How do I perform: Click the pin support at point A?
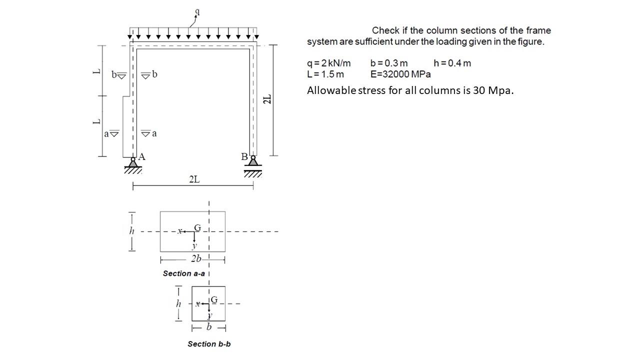pyautogui.click(x=133, y=163)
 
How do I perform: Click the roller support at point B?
pyautogui.click(x=253, y=161)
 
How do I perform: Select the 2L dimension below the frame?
pyautogui.click(x=194, y=179)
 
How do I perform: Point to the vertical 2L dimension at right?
pyautogui.click(x=268, y=98)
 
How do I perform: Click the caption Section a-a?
pyautogui.click(x=183, y=273)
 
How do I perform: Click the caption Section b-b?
pyautogui.click(x=209, y=343)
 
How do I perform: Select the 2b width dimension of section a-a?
pyautogui.click(x=196, y=259)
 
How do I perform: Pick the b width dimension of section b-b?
pyautogui.click(x=209, y=327)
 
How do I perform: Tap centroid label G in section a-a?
pyautogui.click(x=197, y=228)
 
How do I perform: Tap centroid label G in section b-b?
pyautogui.click(x=214, y=299)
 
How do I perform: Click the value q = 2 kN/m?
pyautogui.click(x=329, y=63)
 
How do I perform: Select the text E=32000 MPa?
pyautogui.click(x=400, y=74)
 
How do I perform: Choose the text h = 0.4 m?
pyautogui.click(x=452, y=63)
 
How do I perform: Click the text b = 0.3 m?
pyautogui.click(x=389, y=63)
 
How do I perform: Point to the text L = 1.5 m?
pyautogui.click(x=325, y=74)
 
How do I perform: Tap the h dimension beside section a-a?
pyautogui.click(x=132, y=230)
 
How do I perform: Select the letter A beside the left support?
pyautogui.click(x=141, y=156)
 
